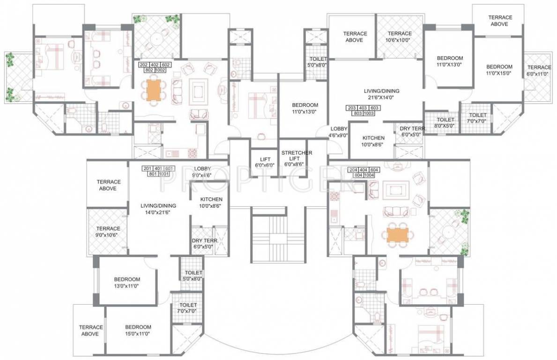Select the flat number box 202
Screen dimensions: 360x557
pos(144,65)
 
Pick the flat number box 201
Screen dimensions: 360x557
pos(147,168)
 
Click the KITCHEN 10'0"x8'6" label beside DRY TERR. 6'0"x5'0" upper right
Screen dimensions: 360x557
pos(373,141)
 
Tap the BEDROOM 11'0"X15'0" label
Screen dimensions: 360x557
pos(498,70)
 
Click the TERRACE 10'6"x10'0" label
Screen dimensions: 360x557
pos(399,37)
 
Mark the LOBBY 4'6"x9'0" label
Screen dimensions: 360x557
pos(338,132)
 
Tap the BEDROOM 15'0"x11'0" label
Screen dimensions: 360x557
pos(138,330)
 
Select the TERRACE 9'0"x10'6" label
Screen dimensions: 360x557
pos(108,232)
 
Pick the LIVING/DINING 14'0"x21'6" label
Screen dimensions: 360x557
pos(158,209)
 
